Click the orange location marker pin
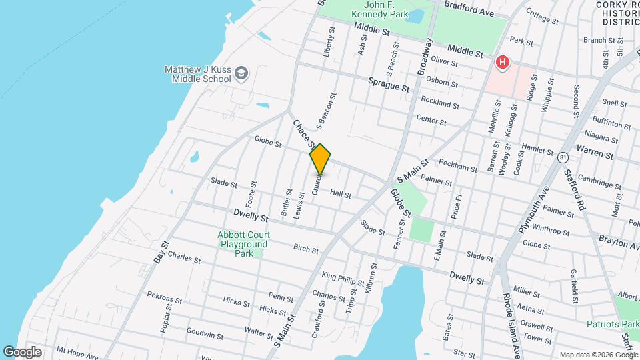click(x=320, y=159)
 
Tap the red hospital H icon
click(x=502, y=63)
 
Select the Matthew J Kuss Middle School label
click(x=197, y=73)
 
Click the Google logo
click(x=22, y=351)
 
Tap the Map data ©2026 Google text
click(x=597, y=354)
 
